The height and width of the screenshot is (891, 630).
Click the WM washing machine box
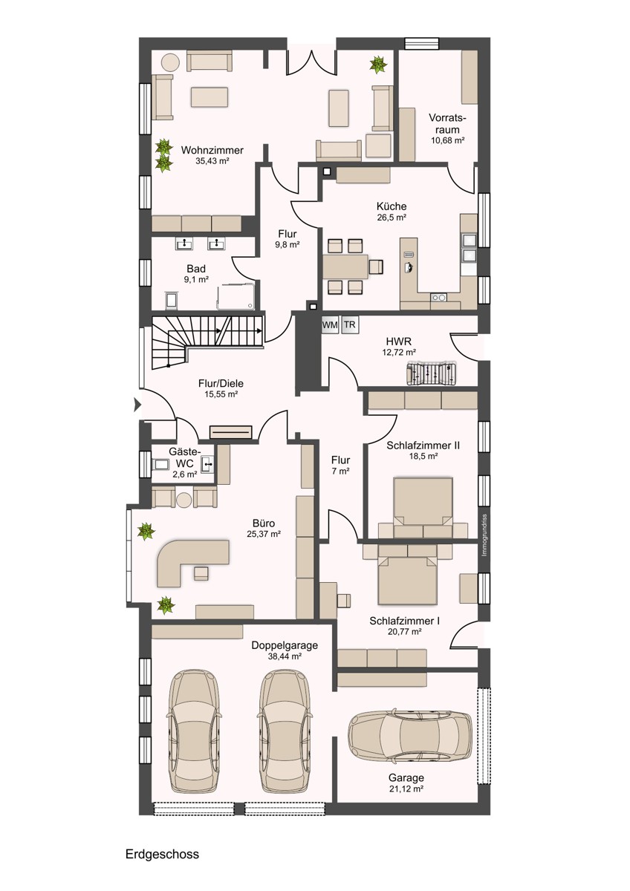click(330, 325)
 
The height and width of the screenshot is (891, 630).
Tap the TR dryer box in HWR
click(349, 325)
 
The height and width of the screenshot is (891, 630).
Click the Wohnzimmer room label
click(212, 150)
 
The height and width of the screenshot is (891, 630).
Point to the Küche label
click(391, 206)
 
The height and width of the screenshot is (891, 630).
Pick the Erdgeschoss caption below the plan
click(162, 854)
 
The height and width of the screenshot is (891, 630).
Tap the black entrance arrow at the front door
click(137, 405)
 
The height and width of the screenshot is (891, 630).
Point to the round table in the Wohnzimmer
click(172, 62)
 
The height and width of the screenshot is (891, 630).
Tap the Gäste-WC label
click(184, 457)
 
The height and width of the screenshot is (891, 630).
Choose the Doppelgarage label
click(285, 645)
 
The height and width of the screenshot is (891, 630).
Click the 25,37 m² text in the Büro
click(264, 533)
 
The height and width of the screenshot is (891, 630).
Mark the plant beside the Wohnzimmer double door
click(378, 65)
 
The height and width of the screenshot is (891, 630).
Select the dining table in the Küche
click(345, 265)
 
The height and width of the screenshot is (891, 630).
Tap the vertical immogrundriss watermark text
click(484, 535)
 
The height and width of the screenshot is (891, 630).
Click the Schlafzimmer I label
click(404, 620)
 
